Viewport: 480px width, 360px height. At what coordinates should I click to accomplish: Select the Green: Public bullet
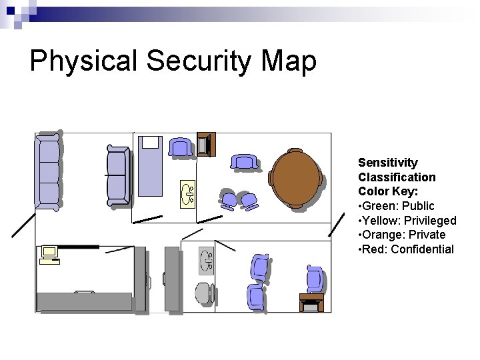pyautogui.click(x=396, y=206)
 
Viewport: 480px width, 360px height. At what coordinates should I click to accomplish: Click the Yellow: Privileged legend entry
pyautogui.click(x=407, y=221)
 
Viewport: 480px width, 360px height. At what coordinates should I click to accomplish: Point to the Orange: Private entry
pyautogui.click(x=401, y=235)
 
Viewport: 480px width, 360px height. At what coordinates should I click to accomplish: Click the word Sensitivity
pyautogui.click(x=388, y=163)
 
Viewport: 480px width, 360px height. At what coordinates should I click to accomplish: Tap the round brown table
pyautogui.click(x=297, y=179)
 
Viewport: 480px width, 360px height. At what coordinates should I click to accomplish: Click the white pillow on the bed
pyautogui.click(x=150, y=142)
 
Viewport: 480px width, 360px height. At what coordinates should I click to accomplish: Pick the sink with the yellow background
pyautogui.click(x=187, y=193)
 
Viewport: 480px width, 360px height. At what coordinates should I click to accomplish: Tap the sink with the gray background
pyautogui.click(x=206, y=261)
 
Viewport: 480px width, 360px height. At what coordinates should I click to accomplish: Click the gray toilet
pyautogui.click(x=204, y=292)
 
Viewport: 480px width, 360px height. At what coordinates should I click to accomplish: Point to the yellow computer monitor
pyautogui.click(x=49, y=252)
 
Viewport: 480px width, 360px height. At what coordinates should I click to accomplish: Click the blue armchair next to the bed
pyautogui.click(x=180, y=147)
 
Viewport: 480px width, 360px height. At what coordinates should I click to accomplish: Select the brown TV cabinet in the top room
pyautogui.click(x=206, y=144)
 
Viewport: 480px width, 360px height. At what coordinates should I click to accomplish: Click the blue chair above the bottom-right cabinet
pyautogui.click(x=315, y=279)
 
